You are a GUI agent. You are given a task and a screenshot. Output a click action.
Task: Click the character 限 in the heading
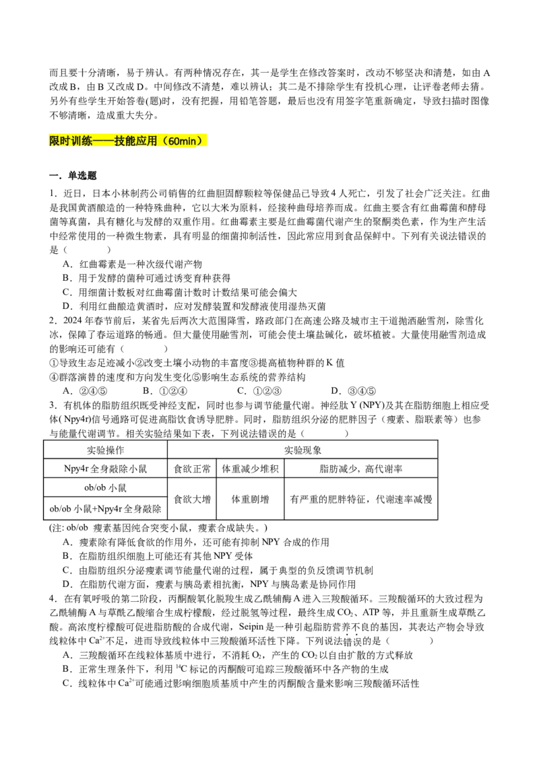(x=55, y=141)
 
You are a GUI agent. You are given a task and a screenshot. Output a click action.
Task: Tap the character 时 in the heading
(x=65, y=141)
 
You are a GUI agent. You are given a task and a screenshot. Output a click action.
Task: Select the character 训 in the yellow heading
(x=76, y=141)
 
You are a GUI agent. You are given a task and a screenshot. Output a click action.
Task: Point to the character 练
(x=87, y=141)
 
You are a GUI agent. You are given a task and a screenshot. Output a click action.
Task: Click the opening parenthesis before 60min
(x=164, y=141)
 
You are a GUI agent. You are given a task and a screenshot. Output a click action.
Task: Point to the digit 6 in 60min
(x=171, y=141)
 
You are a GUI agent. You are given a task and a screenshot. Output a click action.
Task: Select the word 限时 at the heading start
(x=60, y=141)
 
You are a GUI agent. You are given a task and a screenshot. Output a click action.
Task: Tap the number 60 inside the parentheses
(x=174, y=141)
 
